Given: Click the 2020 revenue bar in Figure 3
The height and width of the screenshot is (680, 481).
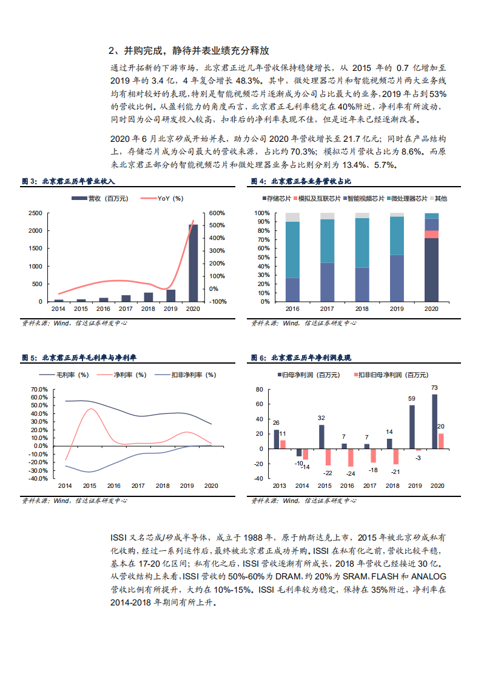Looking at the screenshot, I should tap(193, 263).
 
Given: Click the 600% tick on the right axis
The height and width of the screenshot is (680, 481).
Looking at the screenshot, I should tap(217, 213).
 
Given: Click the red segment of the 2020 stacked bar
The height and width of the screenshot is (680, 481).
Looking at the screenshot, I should tap(431, 235).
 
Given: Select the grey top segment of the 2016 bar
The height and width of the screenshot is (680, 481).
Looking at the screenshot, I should tap(292, 217).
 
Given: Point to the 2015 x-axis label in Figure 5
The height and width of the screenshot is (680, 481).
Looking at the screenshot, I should tap(89, 486).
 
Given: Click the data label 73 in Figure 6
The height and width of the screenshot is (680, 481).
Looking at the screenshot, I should tap(434, 388).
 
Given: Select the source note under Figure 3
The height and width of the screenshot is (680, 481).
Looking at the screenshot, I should tap(74, 323).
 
